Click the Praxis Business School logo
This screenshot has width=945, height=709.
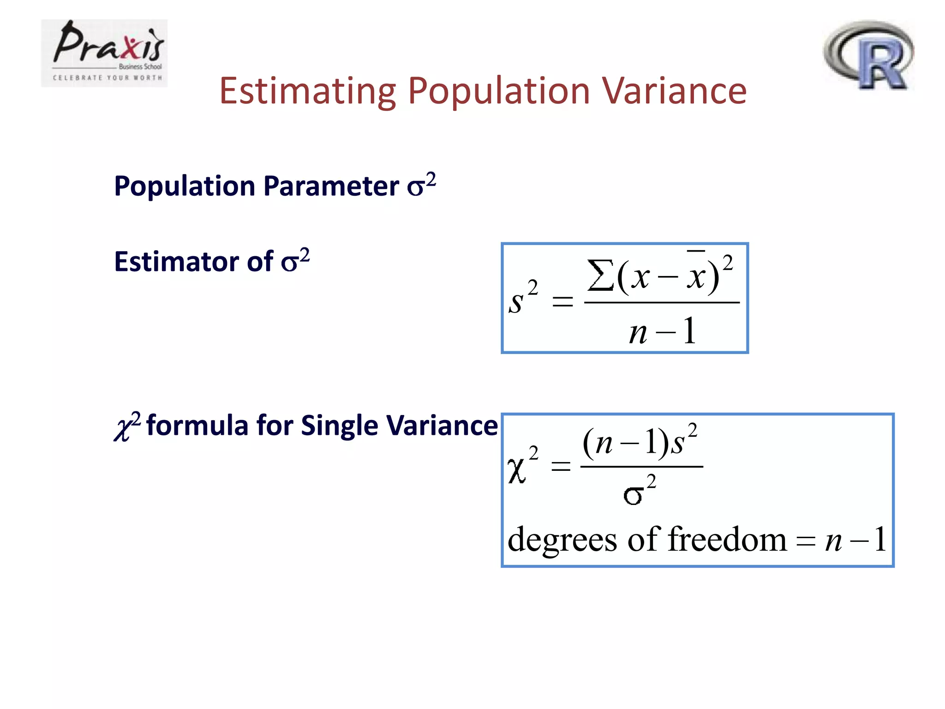click(x=104, y=53)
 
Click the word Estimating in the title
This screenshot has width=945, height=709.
click(x=307, y=91)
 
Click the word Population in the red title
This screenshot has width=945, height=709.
click(x=499, y=91)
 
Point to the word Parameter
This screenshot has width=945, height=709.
click(x=331, y=186)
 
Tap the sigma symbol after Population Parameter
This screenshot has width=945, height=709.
click(x=415, y=188)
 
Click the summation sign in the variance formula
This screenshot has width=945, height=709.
click(x=600, y=276)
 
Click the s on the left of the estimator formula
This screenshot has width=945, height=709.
click(x=516, y=303)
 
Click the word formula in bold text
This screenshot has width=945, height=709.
click(x=197, y=425)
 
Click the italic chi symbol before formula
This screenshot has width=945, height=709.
click(x=122, y=427)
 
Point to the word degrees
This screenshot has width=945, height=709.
click(x=562, y=540)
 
